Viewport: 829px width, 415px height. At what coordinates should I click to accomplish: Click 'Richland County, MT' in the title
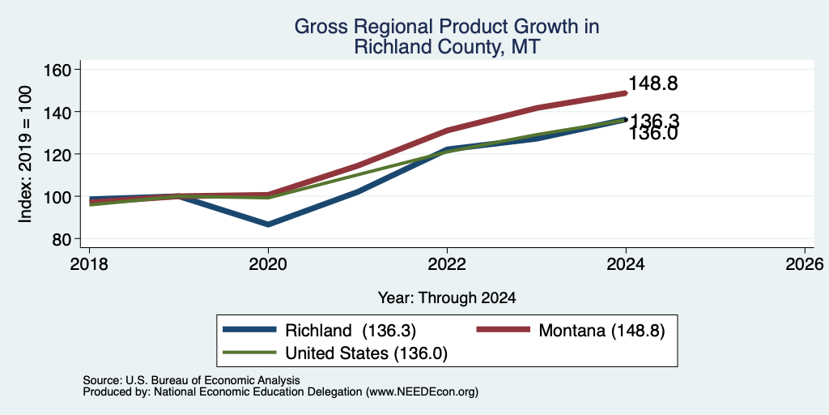point(447,46)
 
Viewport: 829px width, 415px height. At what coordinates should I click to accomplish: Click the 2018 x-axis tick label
point(89,263)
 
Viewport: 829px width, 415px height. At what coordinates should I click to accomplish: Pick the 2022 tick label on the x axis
point(447,263)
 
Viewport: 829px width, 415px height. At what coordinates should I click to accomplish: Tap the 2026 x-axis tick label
point(805,263)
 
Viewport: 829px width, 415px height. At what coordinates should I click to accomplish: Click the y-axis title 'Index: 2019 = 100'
point(25,154)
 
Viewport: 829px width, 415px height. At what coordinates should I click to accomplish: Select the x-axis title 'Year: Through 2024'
point(447,298)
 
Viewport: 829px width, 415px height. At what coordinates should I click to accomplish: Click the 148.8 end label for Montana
point(653,83)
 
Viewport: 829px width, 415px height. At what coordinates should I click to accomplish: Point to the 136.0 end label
point(653,134)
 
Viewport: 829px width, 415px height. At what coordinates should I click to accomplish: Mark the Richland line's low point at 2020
point(268,225)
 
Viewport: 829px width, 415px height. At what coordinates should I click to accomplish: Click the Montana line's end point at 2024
point(626,93)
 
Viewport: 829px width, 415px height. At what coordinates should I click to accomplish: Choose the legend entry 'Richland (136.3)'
point(320,331)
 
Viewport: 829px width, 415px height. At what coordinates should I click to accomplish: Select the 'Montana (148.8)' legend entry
point(571,331)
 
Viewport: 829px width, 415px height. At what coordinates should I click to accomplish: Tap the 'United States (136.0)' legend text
point(367,353)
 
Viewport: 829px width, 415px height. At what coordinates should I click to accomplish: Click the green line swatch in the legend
point(249,353)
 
